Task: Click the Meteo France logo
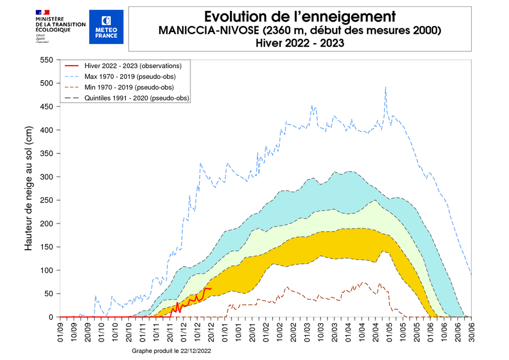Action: pos(106,27)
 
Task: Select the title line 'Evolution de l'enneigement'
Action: pos(300,16)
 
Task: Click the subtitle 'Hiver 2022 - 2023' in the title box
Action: pos(300,42)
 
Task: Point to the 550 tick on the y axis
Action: pos(45,60)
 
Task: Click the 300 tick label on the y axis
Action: pos(45,177)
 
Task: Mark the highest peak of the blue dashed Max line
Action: pos(385,87)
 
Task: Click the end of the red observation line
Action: pos(211,288)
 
